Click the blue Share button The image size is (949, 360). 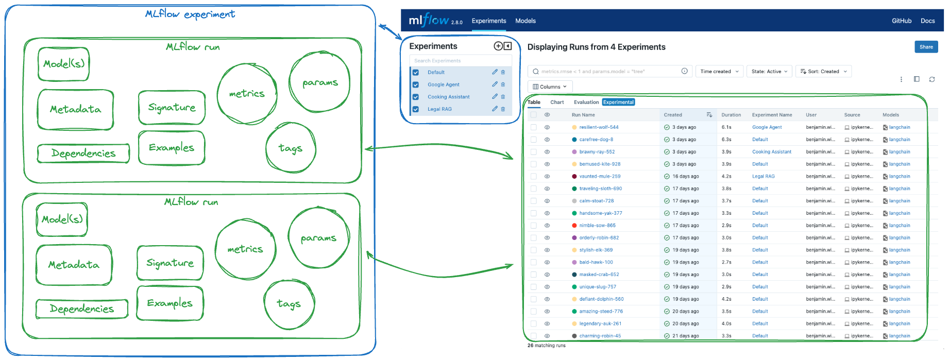(926, 47)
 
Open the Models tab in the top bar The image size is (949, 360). (526, 21)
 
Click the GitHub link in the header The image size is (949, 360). (901, 21)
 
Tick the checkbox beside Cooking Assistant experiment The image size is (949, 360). (416, 97)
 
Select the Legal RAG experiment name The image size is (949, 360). (439, 109)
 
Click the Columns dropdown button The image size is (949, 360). (550, 87)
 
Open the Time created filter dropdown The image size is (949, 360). (719, 72)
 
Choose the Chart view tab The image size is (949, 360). (557, 102)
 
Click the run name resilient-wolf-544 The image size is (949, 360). (599, 127)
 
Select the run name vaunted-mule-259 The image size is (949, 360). (600, 176)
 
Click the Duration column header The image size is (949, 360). (731, 115)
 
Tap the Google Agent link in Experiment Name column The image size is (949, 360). (767, 127)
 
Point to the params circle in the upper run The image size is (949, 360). (320, 82)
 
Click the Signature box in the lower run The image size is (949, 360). (170, 263)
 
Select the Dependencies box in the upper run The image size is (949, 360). (83, 153)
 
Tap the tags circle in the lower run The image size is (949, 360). (289, 304)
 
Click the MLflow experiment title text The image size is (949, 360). (190, 14)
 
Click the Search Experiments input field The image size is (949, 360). (460, 61)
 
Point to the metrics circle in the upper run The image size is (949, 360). (247, 94)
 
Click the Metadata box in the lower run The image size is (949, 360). (74, 265)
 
